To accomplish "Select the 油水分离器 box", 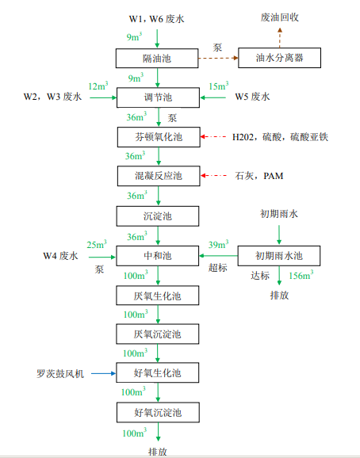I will tap(281, 58).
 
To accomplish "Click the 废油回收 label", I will tap(279, 17).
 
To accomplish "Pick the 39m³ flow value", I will tap(217, 245).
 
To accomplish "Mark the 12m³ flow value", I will tap(98, 86).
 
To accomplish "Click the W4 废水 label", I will tap(60, 255).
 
